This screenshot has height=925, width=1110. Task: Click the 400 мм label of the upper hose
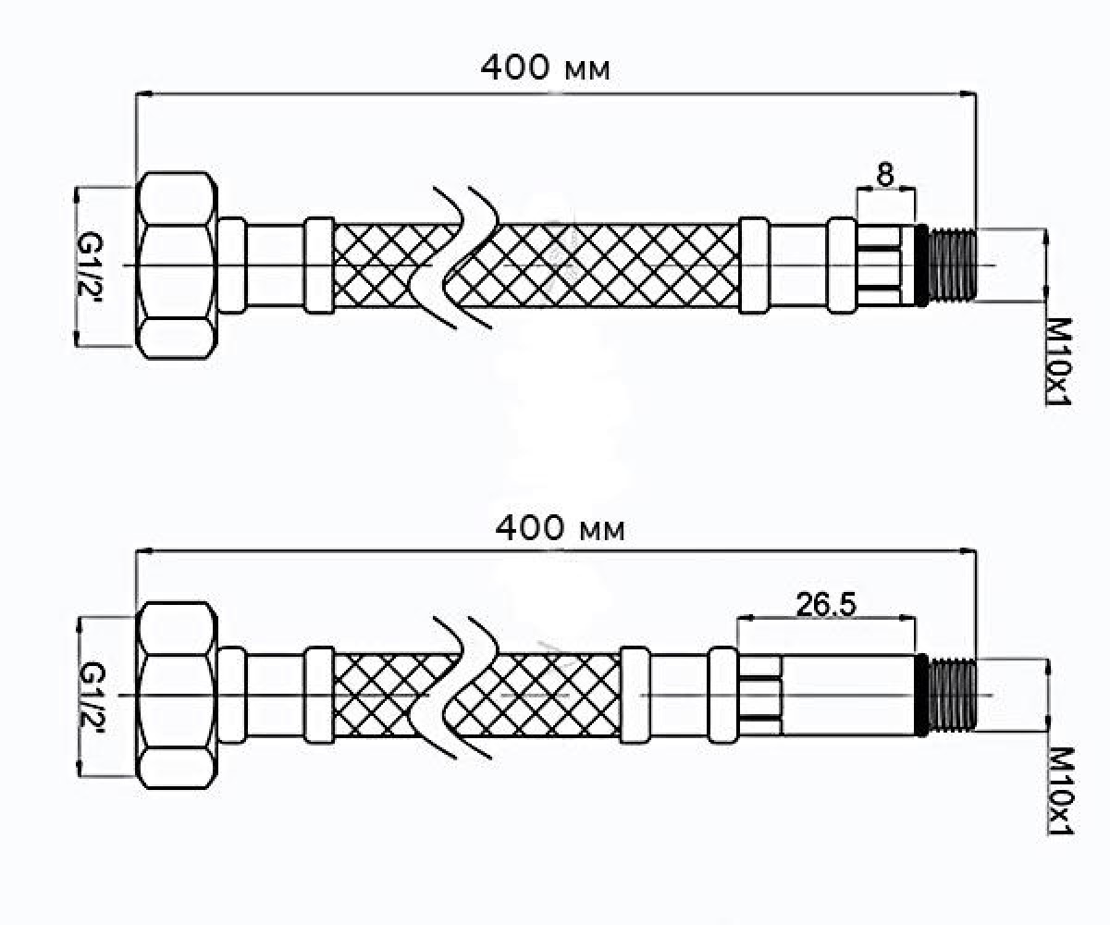tap(546, 68)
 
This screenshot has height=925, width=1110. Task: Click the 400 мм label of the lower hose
tap(560, 528)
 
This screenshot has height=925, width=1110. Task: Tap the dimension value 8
tap(885, 174)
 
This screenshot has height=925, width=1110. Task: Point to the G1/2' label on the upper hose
tap(90, 266)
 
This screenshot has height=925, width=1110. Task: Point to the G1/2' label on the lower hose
tap(92, 695)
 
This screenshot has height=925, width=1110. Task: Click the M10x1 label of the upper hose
tap(1058, 362)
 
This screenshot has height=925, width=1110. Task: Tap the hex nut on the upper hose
tap(177, 265)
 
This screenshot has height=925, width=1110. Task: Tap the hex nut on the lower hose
tap(177, 695)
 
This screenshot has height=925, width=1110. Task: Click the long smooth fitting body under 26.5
tap(849, 695)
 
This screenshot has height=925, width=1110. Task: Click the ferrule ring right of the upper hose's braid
tap(755, 265)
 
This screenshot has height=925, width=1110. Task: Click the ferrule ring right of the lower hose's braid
tap(635, 695)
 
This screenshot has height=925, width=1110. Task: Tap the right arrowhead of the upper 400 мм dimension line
tap(968, 94)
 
